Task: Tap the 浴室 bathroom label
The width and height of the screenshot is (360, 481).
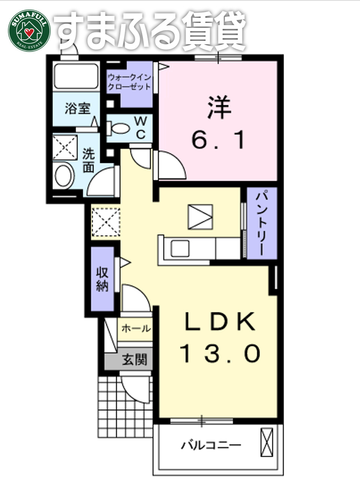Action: (78, 109)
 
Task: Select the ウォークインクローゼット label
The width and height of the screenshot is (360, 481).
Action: (129, 82)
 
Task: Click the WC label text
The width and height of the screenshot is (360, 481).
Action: (141, 127)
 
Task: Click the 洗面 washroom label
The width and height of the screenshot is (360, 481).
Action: (88, 160)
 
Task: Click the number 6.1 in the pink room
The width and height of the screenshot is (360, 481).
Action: (219, 139)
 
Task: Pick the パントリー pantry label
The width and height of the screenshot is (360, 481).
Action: (262, 223)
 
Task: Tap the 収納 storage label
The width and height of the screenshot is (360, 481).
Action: (102, 279)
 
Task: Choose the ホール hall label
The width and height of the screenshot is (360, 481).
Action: (136, 329)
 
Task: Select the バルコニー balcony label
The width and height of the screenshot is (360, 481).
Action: (211, 446)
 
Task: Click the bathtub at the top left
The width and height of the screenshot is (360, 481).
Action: (76, 77)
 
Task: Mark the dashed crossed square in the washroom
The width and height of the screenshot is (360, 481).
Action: (64, 147)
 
